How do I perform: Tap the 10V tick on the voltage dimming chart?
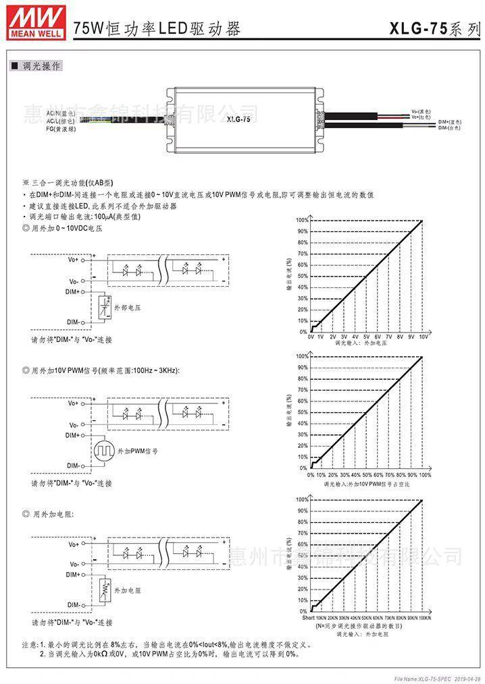[x=424, y=336]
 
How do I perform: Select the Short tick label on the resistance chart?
[x=308, y=617]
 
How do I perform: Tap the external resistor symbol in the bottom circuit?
[x=103, y=589]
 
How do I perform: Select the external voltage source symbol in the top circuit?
[x=103, y=307]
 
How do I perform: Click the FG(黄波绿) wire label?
[x=61, y=128]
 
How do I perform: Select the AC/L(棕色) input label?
[x=61, y=121]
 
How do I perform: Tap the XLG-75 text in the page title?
[x=417, y=28]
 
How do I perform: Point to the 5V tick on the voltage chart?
[x=366, y=336]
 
